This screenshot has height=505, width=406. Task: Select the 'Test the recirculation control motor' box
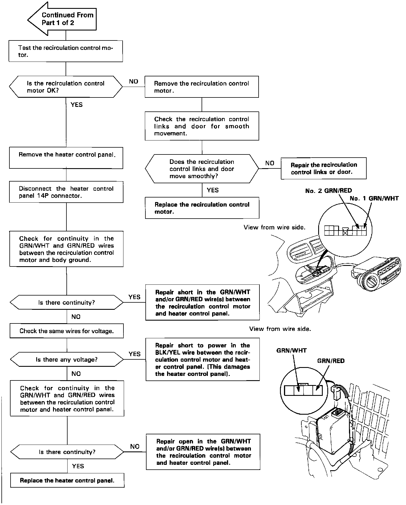[x=66, y=51]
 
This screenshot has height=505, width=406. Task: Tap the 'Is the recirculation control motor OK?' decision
[x=66, y=87]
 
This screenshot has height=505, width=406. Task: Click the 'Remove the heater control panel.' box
[x=66, y=158]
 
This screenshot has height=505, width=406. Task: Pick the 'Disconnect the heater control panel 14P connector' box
[x=66, y=192]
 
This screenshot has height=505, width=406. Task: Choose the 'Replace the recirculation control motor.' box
[x=202, y=208]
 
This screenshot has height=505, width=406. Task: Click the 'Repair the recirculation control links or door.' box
[x=323, y=168]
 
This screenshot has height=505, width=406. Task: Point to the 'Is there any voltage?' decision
[x=67, y=359]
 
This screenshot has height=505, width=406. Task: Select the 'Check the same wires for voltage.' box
[x=67, y=331]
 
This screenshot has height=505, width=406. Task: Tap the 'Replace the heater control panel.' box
[x=67, y=480]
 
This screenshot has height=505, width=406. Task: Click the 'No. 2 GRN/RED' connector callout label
[x=328, y=191]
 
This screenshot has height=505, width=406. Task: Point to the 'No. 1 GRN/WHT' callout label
[x=374, y=198]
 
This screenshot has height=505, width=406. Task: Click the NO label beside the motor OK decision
[x=133, y=82]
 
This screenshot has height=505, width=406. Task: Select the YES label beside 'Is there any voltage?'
[x=135, y=354]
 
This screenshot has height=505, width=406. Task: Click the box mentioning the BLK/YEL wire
[x=202, y=359]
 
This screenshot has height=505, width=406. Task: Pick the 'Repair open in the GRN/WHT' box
[x=203, y=452]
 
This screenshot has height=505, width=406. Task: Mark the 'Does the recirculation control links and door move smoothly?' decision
[x=202, y=169]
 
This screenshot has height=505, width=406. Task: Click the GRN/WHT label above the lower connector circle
[x=291, y=351]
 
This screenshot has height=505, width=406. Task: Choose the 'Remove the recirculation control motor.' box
[x=202, y=87]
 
